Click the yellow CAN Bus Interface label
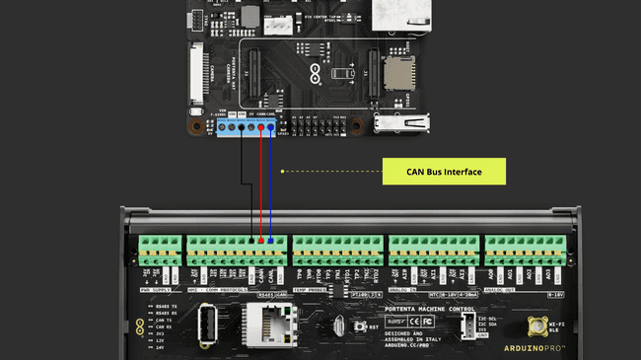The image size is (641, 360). click(443, 172)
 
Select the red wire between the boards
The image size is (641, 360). click(261, 187)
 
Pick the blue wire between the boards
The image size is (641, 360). click(270, 187)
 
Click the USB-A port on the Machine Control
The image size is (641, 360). click(207, 324)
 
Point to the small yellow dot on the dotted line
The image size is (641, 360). click(282, 172)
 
